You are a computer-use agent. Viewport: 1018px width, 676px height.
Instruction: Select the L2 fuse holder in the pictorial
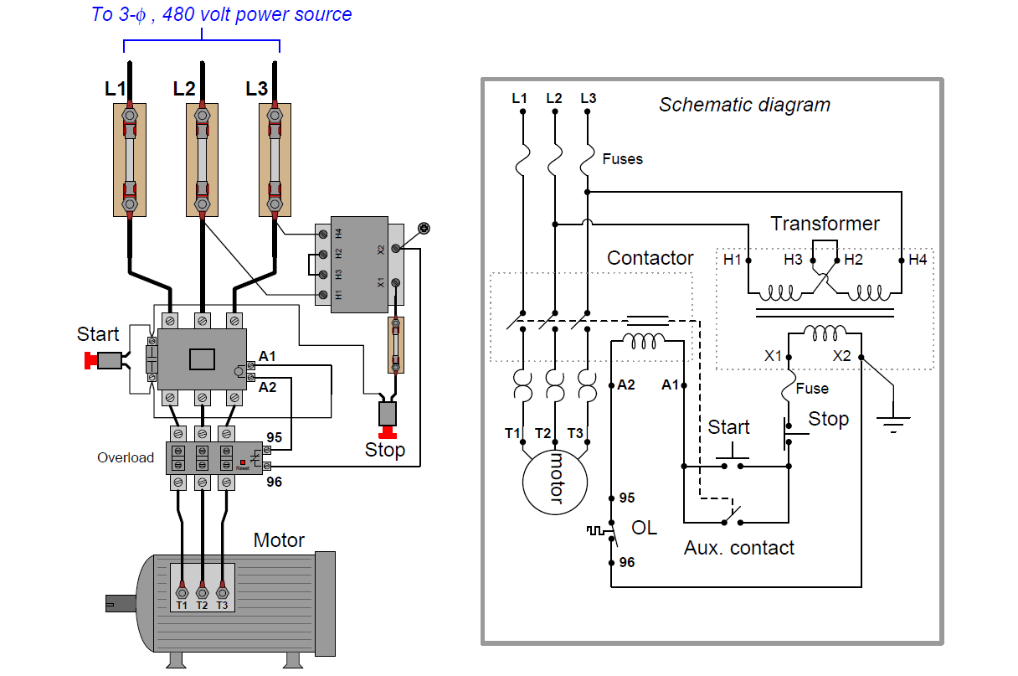tap(202, 159)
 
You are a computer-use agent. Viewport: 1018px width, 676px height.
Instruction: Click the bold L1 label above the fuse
tap(116, 88)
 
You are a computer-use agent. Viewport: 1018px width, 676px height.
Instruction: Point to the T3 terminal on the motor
tap(222, 591)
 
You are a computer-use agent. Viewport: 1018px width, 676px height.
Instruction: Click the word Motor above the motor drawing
tap(279, 540)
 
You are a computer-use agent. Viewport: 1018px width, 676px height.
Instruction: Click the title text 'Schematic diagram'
tap(744, 105)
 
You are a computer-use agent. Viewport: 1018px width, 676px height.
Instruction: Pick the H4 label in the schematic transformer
tap(918, 260)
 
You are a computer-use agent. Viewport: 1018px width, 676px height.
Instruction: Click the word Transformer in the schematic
tap(825, 224)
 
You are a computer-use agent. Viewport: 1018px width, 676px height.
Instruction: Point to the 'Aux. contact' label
tap(738, 548)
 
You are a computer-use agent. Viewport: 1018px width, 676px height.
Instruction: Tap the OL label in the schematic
tap(644, 528)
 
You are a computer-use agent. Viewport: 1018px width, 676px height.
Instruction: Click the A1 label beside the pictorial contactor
tap(267, 357)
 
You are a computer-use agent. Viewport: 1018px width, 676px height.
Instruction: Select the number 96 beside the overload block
tap(274, 482)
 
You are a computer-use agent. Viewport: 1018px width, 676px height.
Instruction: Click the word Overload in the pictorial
tap(126, 457)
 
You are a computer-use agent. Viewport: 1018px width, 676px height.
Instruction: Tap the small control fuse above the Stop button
tap(397, 345)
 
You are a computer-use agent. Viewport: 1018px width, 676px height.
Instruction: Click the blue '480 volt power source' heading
tap(222, 14)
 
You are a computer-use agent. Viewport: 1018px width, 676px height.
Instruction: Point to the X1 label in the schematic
tap(773, 355)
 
